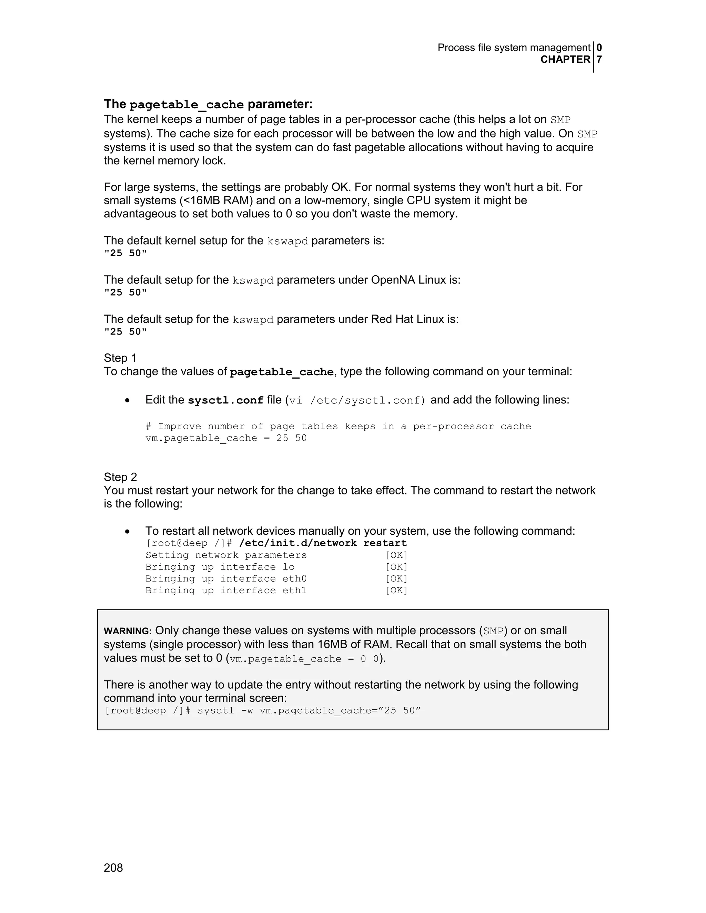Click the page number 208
[113, 868]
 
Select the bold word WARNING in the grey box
[127, 631]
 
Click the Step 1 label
[120, 358]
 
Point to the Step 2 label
[120, 477]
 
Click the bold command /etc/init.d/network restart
[323, 543]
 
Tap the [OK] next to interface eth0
[396, 578]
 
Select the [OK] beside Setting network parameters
[396, 555]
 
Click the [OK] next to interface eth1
[396, 590]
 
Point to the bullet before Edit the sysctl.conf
[127, 400]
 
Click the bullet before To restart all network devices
[127, 532]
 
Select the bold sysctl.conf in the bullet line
[225, 400]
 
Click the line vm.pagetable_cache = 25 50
[226, 438]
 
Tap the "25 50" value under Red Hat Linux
[125, 331]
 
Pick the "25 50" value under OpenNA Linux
[125, 292]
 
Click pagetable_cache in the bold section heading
[186, 104]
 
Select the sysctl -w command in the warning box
[309, 711]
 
